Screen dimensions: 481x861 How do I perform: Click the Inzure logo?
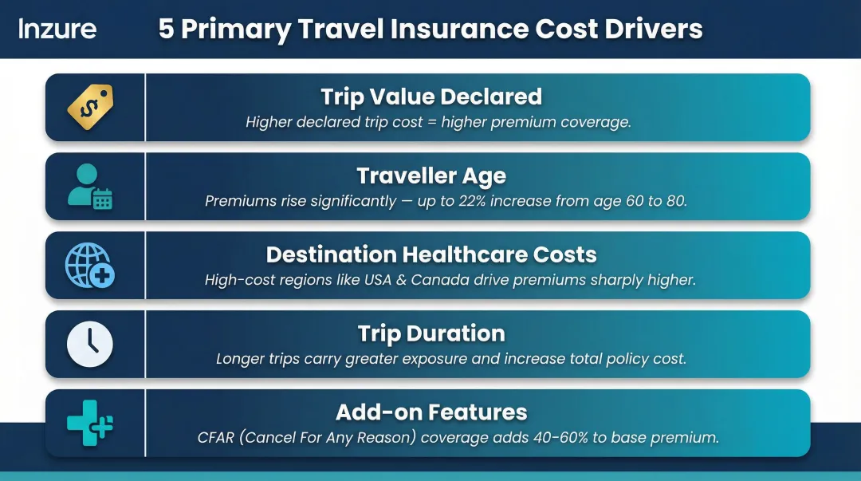[57, 29]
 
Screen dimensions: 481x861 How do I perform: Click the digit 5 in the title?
[166, 30]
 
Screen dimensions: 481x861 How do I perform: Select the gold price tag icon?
[90, 107]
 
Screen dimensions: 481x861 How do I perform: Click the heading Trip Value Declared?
[431, 97]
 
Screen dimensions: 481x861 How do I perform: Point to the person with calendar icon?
[90, 186]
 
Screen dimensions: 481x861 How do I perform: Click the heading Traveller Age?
[431, 175]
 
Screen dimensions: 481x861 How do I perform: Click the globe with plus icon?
[90, 265]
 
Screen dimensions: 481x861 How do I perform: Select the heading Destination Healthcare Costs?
[431, 254]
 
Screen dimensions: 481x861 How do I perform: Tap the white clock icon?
[90, 344]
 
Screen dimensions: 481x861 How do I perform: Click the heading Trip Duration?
[431, 333]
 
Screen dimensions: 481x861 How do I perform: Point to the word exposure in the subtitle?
[436, 359]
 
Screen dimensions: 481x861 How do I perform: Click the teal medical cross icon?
[90, 423]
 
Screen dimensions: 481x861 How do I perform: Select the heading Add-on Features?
[431, 412]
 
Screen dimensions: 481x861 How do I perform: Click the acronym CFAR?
[216, 438]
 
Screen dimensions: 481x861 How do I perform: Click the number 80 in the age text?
[676, 201]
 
